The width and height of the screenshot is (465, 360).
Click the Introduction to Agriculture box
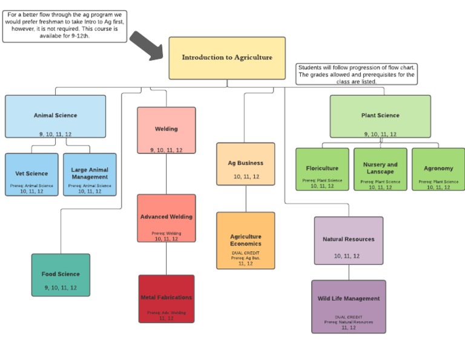(227, 58)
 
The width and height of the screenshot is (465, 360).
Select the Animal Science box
(55, 116)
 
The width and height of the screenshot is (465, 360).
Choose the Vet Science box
(31, 175)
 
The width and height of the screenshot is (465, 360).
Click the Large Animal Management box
(90, 175)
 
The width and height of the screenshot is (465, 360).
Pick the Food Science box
(61, 275)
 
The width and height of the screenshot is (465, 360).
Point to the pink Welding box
(167, 130)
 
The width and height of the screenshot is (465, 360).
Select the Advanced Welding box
(167, 218)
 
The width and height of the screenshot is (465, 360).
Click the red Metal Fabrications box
(167, 299)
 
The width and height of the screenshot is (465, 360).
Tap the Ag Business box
(245, 164)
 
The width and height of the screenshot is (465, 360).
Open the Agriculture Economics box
(245, 241)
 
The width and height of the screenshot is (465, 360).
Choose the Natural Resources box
(348, 241)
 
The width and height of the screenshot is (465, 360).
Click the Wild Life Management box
(348, 307)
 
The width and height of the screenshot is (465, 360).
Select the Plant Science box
(380, 116)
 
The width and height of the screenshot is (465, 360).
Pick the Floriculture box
(322, 169)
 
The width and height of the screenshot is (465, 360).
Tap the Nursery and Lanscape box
(380, 169)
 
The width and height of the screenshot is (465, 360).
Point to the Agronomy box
(438, 169)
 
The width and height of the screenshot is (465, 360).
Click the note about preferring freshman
(65, 25)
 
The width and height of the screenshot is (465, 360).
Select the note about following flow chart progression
(357, 74)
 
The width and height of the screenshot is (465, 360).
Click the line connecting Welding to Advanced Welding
(167, 174)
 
